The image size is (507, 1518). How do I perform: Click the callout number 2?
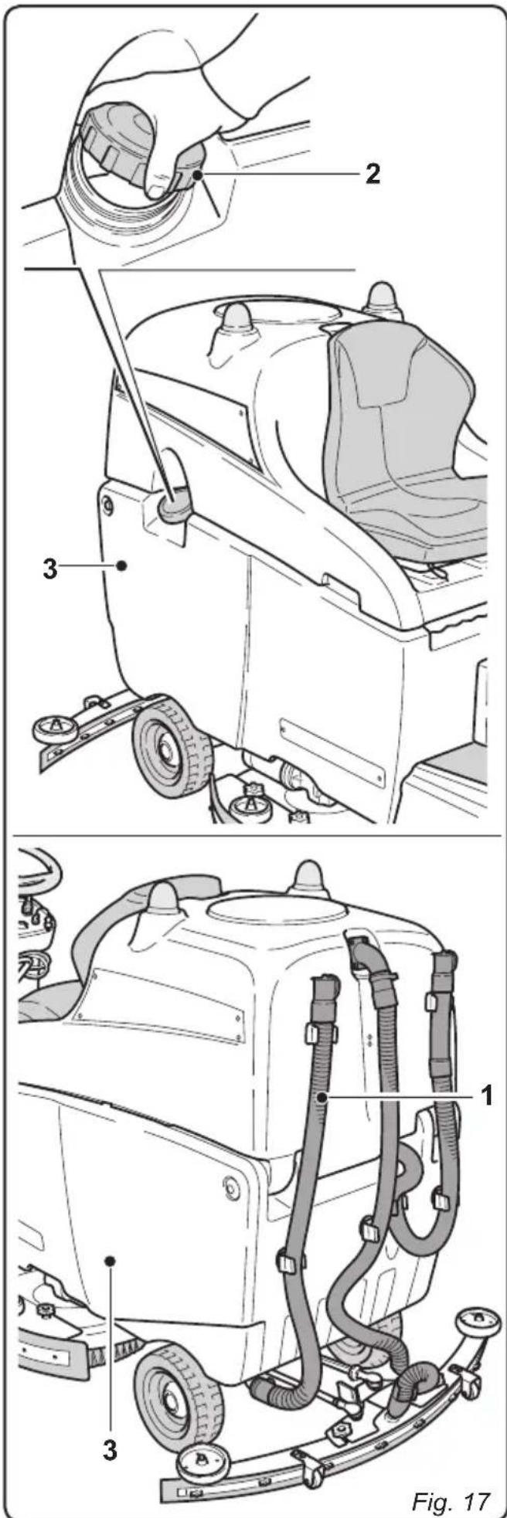[373, 175]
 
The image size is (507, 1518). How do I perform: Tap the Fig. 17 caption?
[451, 1479]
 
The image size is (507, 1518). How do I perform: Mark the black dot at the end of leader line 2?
[199, 176]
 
